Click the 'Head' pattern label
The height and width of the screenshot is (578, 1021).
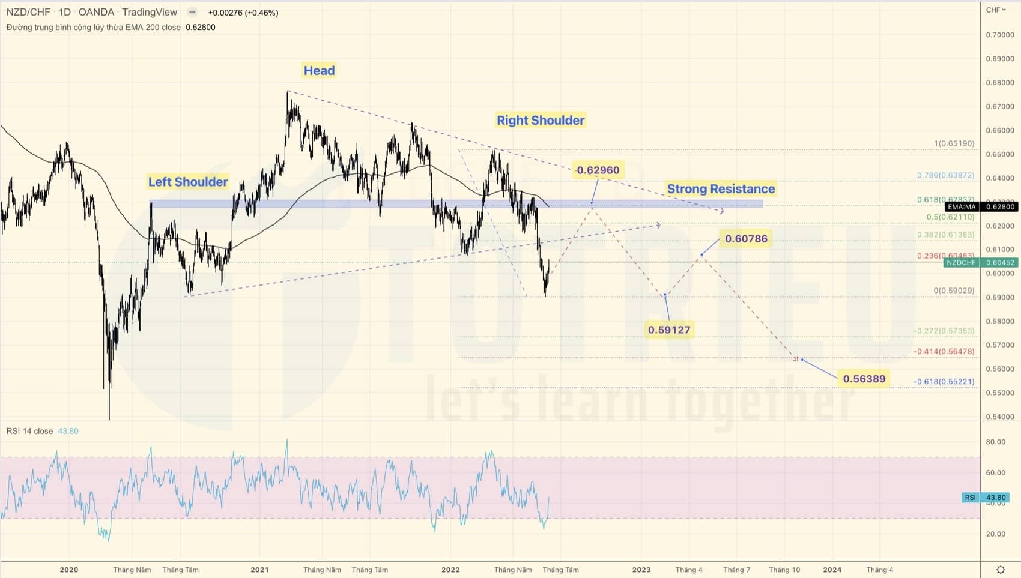click(x=319, y=71)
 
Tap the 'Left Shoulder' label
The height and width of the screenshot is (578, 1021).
click(x=188, y=182)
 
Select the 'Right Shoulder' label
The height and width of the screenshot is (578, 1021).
click(x=541, y=120)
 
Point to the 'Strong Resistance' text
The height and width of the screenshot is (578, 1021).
click(x=721, y=189)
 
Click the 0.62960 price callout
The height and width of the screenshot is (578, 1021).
click(x=598, y=170)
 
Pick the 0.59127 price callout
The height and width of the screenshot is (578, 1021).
click(x=669, y=330)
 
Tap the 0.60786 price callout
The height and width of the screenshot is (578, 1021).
click(x=746, y=239)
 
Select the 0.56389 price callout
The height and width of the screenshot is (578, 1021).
click(x=864, y=379)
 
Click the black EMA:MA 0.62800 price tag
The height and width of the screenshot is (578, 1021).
click(x=981, y=207)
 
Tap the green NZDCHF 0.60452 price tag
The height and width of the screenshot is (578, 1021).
click(x=980, y=263)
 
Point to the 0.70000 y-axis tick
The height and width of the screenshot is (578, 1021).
click(x=999, y=35)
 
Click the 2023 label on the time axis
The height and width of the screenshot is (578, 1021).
click(x=641, y=570)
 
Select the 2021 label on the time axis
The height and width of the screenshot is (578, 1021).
click(x=259, y=570)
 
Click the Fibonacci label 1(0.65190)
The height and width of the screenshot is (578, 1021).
click(x=954, y=143)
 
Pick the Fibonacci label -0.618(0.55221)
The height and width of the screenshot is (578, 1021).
click(x=944, y=382)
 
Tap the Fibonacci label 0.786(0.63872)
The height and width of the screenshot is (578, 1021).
click(x=945, y=175)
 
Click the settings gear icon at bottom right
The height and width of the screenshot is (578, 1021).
click(x=1001, y=570)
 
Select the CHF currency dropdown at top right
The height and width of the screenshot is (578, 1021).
click(x=995, y=10)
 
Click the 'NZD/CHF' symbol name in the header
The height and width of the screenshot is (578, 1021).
click(x=28, y=12)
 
